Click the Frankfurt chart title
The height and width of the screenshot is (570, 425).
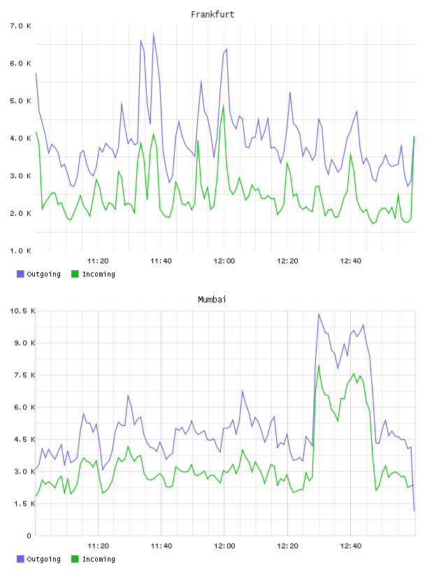point(212,15)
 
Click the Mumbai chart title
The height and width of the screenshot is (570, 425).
point(212,300)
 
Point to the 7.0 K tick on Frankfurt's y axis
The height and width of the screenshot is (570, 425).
point(20,26)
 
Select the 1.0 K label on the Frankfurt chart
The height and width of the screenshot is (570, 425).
point(20,251)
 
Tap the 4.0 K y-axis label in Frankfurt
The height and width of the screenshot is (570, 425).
point(20,138)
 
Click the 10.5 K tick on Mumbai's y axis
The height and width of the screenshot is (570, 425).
point(22,311)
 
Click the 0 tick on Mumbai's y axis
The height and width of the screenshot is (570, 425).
point(29,536)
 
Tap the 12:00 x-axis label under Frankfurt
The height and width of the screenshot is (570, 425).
point(224,261)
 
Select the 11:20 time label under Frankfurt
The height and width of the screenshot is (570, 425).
point(98,261)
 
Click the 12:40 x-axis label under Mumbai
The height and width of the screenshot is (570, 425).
point(351,546)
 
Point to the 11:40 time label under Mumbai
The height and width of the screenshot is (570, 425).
point(161,546)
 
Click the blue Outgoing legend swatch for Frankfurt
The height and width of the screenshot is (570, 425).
point(20,274)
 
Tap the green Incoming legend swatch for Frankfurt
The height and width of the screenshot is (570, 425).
point(75,274)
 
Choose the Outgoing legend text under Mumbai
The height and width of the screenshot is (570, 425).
point(43,559)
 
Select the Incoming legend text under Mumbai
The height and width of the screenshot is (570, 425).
point(99,559)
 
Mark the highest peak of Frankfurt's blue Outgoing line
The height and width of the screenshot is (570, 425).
point(154,34)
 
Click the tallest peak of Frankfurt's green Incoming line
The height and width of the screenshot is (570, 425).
point(224,105)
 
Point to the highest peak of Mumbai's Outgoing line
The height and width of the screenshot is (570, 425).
point(319,314)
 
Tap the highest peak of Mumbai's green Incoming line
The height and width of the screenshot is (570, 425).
point(319,366)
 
